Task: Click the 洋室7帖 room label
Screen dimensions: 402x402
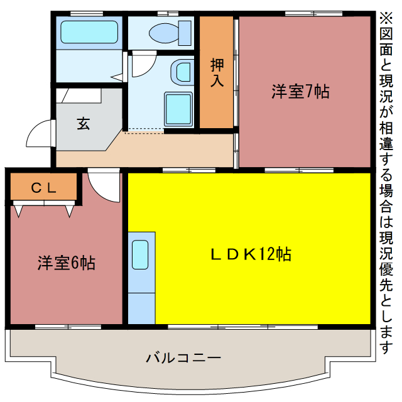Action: (x=300, y=92)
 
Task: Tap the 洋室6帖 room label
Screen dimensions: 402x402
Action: (x=66, y=263)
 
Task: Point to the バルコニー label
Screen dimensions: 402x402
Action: (x=183, y=359)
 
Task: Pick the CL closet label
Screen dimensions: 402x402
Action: (x=44, y=187)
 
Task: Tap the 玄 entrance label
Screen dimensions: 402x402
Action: (x=84, y=123)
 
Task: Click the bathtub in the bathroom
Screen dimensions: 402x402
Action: (x=89, y=33)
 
